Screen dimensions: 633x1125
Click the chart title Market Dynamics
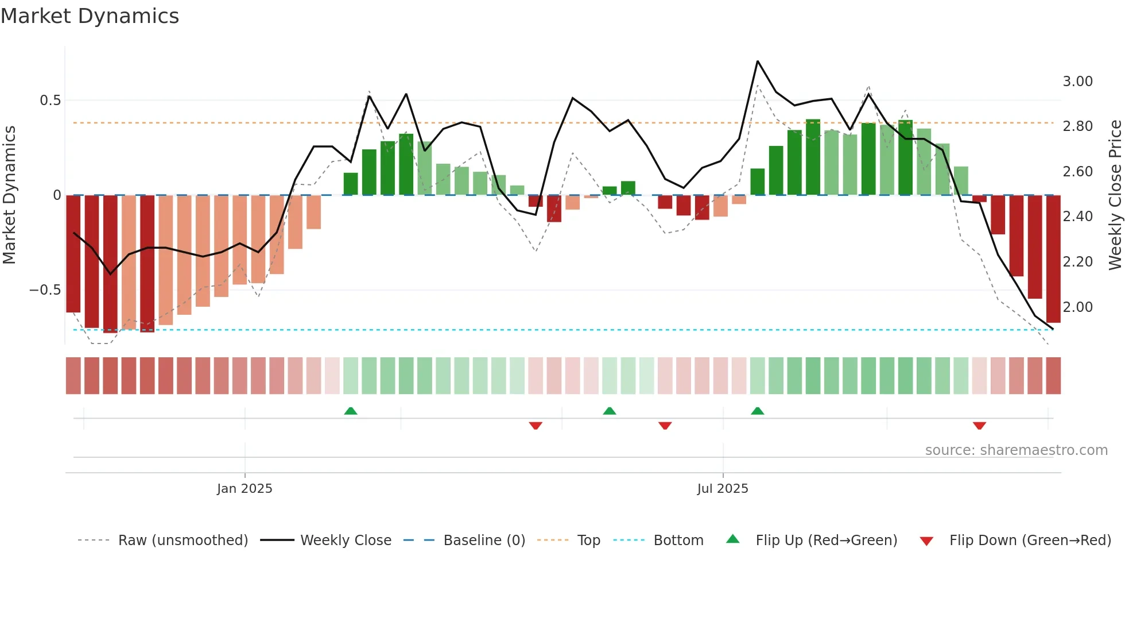tap(90, 16)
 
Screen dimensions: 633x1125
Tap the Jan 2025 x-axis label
tap(245, 489)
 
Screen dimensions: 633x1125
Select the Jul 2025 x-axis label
tap(723, 489)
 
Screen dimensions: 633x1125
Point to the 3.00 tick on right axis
tap(1077, 82)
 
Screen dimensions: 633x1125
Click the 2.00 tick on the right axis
tap(1077, 307)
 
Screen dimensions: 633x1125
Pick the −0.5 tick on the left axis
tap(45, 290)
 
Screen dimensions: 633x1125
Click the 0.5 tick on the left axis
tap(50, 101)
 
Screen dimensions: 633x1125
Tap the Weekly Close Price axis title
tap(1115, 195)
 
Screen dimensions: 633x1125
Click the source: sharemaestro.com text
tap(1016, 450)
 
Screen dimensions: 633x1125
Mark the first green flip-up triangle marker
tap(351, 411)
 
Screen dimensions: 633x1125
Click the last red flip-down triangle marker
tap(979, 426)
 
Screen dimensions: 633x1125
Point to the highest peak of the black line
tap(758, 61)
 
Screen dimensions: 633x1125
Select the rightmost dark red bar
tap(1053, 258)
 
